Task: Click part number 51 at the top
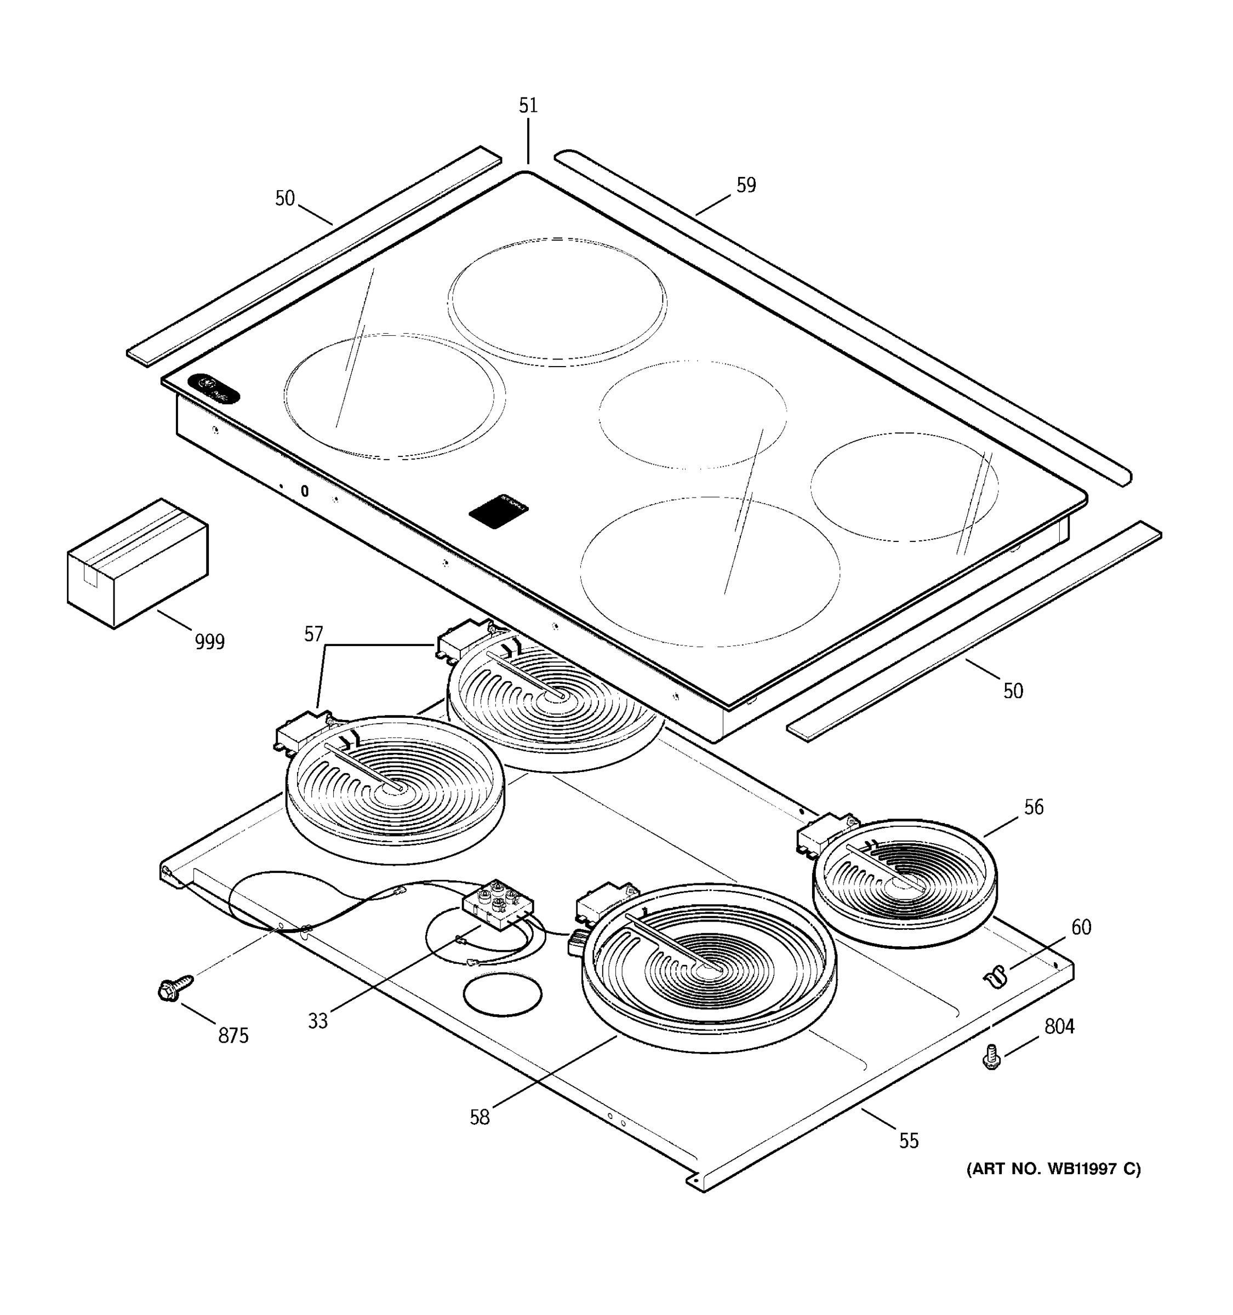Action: (x=528, y=106)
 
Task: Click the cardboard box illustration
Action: (x=138, y=564)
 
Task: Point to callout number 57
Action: (x=313, y=634)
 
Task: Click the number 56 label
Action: (x=1033, y=807)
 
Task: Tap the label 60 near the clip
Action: (x=1081, y=928)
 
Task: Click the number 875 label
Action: (x=233, y=1035)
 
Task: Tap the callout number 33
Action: (x=317, y=1021)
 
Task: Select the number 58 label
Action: (x=480, y=1117)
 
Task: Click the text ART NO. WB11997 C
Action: (x=1053, y=1169)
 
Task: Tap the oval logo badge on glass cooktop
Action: (x=214, y=388)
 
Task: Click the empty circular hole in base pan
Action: (x=503, y=993)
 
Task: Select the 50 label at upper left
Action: (x=284, y=198)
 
